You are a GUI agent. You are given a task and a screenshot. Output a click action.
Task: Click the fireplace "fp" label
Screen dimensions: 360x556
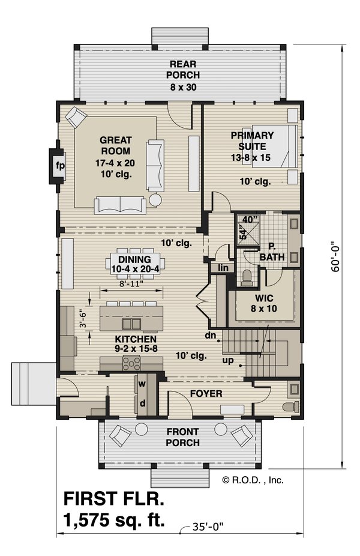tap(60, 166)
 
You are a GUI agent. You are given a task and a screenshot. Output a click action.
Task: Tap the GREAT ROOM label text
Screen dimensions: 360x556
tap(116, 145)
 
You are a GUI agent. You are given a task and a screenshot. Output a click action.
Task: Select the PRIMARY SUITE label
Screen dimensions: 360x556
tap(252, 141)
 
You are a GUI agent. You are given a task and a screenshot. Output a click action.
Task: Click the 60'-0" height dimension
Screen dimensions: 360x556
tap(335, 257)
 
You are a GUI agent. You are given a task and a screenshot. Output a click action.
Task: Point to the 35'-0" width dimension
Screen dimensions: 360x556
tap(208, 527)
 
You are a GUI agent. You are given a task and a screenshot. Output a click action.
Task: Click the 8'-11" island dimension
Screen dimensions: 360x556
tap(131, 283)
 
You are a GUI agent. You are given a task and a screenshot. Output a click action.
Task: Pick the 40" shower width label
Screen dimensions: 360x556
tap(250, 220)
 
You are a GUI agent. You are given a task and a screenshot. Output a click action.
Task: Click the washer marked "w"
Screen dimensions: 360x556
tap(142, 384)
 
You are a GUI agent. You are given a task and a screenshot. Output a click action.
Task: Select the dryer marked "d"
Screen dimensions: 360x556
tap(142, 403)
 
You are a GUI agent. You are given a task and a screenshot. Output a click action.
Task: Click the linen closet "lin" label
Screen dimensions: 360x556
tap(223, 268)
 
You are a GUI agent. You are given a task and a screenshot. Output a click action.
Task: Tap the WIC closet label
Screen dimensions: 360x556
tap(263, 297)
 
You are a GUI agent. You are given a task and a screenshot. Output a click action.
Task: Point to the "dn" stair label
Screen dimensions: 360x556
tap(211, 334)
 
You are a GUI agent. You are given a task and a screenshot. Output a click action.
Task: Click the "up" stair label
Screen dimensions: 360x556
tap(228, 361)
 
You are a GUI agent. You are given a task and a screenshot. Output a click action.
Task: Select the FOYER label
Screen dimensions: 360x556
tap(206, 393)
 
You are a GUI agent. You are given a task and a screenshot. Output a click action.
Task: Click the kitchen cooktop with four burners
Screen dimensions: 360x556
tap(131, 364)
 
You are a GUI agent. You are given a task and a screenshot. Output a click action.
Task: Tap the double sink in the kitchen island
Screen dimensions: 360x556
tap(131, 324)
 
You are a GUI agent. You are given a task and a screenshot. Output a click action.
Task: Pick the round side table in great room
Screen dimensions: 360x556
tap(155, 199)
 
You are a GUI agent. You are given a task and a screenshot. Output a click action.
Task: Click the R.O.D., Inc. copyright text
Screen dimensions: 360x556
tap(253, 480)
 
